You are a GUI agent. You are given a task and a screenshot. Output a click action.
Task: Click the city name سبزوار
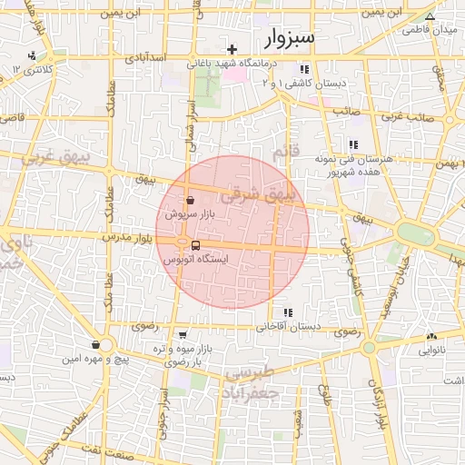pyautogui.click(x=291, y=38)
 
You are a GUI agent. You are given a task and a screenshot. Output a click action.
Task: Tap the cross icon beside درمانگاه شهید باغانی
pyautogui.click(x=232, y=49)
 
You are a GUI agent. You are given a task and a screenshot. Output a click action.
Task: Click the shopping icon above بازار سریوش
pyautogui.click(x=190, y=201)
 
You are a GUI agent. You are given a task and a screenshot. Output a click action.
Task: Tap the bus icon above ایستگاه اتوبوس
pyautogui.click(x=196, y=244)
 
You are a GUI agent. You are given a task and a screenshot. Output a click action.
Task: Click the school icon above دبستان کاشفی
pyautogui.click(x=304, y=69)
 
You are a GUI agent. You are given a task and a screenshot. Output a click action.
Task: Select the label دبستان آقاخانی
pyautogui.click(x=289, y=326)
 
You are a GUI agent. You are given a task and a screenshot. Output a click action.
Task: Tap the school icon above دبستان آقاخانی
pyautogui.click(x=288, y=312)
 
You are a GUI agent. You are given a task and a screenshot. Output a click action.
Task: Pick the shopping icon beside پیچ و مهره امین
pyautogui.click(x=96, y=344)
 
